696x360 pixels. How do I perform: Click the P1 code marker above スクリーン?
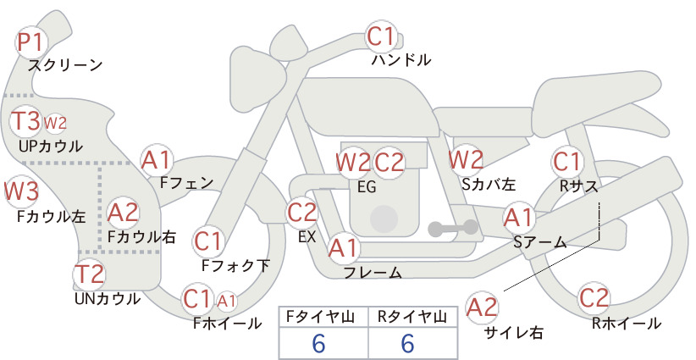point(30,42)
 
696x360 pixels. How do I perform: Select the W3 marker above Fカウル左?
point(21,191)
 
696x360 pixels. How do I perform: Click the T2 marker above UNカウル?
point(89,274)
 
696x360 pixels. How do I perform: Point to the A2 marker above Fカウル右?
point(123,213)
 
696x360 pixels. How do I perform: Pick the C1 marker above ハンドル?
point(381,36)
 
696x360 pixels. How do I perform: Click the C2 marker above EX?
point(302,212)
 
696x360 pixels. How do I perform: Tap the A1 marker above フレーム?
point(343,247)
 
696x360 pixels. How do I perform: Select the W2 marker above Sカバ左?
point(466,159)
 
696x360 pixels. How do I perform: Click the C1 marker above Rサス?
point(566,162)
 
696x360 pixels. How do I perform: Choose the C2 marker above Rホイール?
point(594,298)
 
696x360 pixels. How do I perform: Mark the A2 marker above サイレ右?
point(481,307)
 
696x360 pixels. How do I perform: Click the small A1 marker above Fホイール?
point(226,302)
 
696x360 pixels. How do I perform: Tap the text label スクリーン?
point(65,65)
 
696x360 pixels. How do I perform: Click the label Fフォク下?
point(235,265)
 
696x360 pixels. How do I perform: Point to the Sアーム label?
point(540,242)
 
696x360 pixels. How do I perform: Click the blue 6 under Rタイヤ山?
point(407,343)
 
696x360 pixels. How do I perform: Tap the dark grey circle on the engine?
point(384,219)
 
